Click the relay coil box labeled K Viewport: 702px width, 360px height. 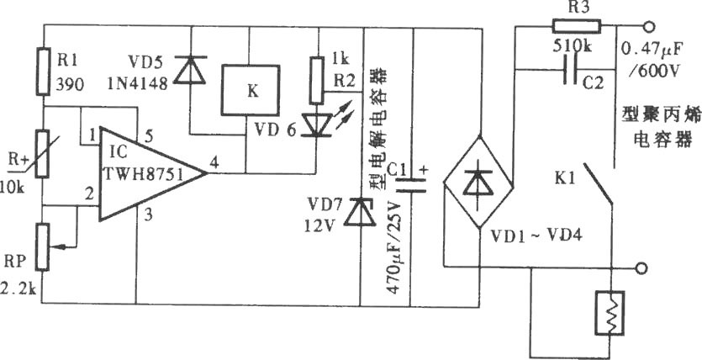click(251, 91)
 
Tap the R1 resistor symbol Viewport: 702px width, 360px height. click(44, 71)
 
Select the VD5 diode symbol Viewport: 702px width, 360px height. click(189, 70)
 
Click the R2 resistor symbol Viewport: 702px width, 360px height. click(316, 81)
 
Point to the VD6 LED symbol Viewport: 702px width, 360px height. click(316, 123)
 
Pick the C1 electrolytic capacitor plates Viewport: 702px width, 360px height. click(412, 185)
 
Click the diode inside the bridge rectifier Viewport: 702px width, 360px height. click(478, 183)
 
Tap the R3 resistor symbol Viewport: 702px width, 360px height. click(577, 26)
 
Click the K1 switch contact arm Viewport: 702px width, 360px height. click(598, 184)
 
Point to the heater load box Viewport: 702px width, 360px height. click(610, 313)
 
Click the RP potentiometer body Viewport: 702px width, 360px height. click(44, 247)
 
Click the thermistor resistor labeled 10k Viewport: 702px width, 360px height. click(43, 153)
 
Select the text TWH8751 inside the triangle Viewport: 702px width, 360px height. click(144, 174)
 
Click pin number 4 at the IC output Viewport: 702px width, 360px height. click(215, 163)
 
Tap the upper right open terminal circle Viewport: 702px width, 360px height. click(647, 27)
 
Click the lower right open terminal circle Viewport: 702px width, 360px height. click(641, 267)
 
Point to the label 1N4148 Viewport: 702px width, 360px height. click(137, 83)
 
